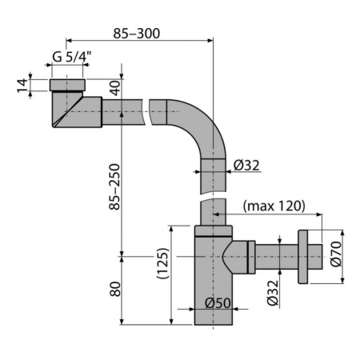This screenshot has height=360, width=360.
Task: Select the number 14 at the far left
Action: [22, 84]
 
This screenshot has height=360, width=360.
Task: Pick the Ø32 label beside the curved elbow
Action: [245, 166]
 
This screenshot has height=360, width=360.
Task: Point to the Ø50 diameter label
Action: [217, 303]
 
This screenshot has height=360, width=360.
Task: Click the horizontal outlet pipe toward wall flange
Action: [276, 256]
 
